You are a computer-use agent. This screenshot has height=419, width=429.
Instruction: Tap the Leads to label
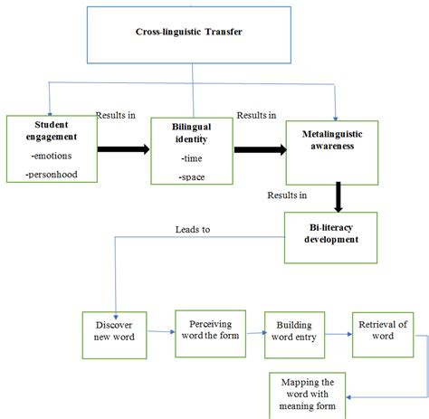tap(193, 230)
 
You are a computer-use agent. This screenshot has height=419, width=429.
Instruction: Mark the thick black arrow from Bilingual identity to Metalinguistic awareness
tap(257, 148)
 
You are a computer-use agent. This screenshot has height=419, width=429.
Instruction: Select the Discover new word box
tap(114, 335)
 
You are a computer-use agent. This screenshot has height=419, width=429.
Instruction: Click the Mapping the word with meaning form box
tap(308, 394)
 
